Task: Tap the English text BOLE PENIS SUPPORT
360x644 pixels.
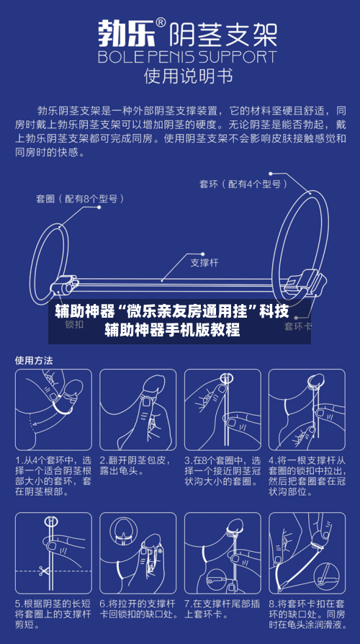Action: coord(186,56)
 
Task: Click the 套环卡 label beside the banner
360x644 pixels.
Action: coord(298,326)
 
